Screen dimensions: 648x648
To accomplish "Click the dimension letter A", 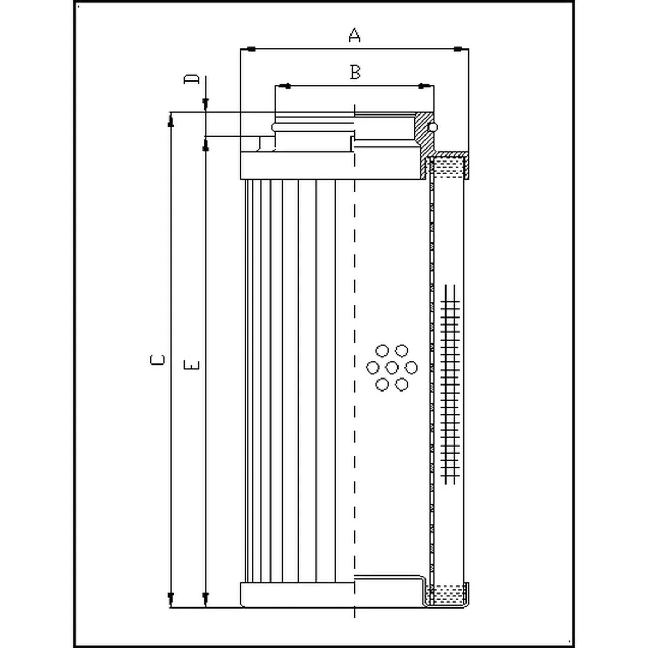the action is pyautogui.click(x=354, y=35).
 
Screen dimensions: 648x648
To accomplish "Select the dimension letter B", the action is pyautogui.click(x=355, y=72).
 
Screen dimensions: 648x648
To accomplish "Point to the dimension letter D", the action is pyautogui.click(x=191, y=79).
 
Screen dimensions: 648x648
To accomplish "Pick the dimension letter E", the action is pyautogui.click(x=192, y=365).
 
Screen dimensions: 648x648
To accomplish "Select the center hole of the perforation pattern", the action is pyautogui.click(x=391, y=367).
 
